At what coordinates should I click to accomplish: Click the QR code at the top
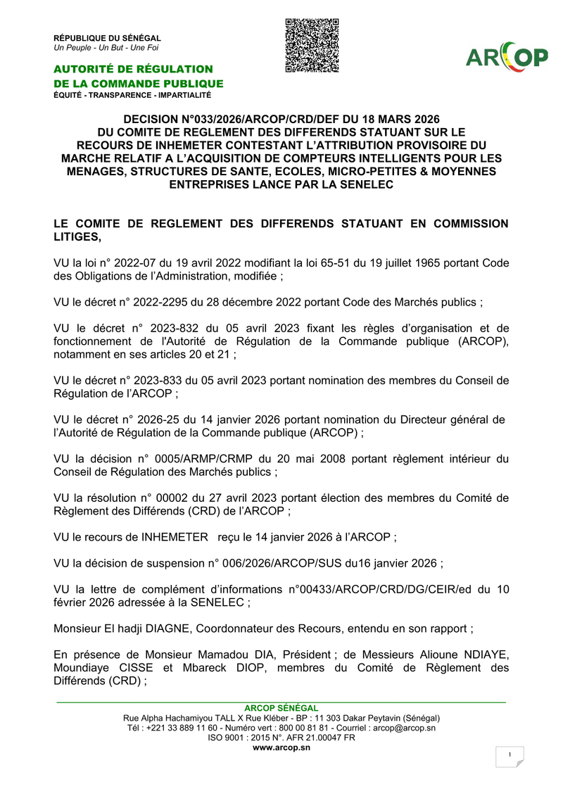coord(312,46)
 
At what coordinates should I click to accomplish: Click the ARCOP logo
coord(507,58)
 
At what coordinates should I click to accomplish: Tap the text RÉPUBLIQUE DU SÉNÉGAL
coord(108,37)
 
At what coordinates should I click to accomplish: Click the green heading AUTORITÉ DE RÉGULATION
coord(133,69)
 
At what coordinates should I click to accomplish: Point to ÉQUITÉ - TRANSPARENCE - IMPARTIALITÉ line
coord(132,95)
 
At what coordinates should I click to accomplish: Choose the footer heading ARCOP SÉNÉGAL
coord(281,708)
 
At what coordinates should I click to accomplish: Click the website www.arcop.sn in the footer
coord(281,747)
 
